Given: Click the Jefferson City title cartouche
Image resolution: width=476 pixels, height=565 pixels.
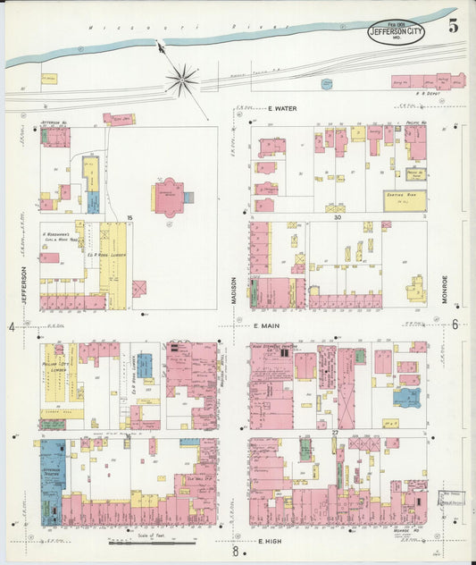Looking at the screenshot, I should pyautogui.click(x=397, y=32).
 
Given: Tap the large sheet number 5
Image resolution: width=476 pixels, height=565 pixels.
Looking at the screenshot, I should pyautogui.click(x=454, y=25).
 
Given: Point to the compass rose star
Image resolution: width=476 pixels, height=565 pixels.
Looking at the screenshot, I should pyautogui.click(x=181, y=80).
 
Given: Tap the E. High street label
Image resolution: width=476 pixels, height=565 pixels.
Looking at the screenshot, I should pyautogui.click(x=270, y=542).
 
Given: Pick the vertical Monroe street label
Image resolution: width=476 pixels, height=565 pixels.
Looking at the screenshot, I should pyautogui.click(x=443, y=290).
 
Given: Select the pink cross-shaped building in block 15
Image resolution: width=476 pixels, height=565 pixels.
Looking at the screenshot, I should pyautogui.click(x=169, y=196).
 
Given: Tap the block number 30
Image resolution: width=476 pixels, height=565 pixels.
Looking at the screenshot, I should pyautogui.click(x=338, y=216).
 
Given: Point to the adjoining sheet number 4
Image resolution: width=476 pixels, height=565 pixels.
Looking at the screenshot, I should pyautogui.click(x=12, y=326).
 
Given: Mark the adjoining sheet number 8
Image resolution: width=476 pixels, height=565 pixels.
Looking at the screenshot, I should pyautogui.click(x=235, y=552).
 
